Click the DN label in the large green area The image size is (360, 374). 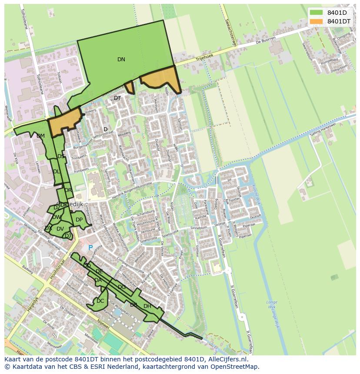tap(121, 60)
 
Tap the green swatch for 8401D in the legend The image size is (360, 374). tap(316, 12)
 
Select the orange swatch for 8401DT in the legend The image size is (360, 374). tap(316, 21)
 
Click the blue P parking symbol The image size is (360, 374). tap(90, 248)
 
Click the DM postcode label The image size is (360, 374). tap(40, 136)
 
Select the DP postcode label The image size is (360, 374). tap(79, 220)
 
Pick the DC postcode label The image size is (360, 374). tap(100, 301)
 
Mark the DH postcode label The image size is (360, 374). tap(147, 306)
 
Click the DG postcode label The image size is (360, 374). tap(122, 287)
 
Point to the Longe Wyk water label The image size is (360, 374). tap(272, 304)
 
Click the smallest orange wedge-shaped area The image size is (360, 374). tap(129, 87)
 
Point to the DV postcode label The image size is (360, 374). tap(60, 229)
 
